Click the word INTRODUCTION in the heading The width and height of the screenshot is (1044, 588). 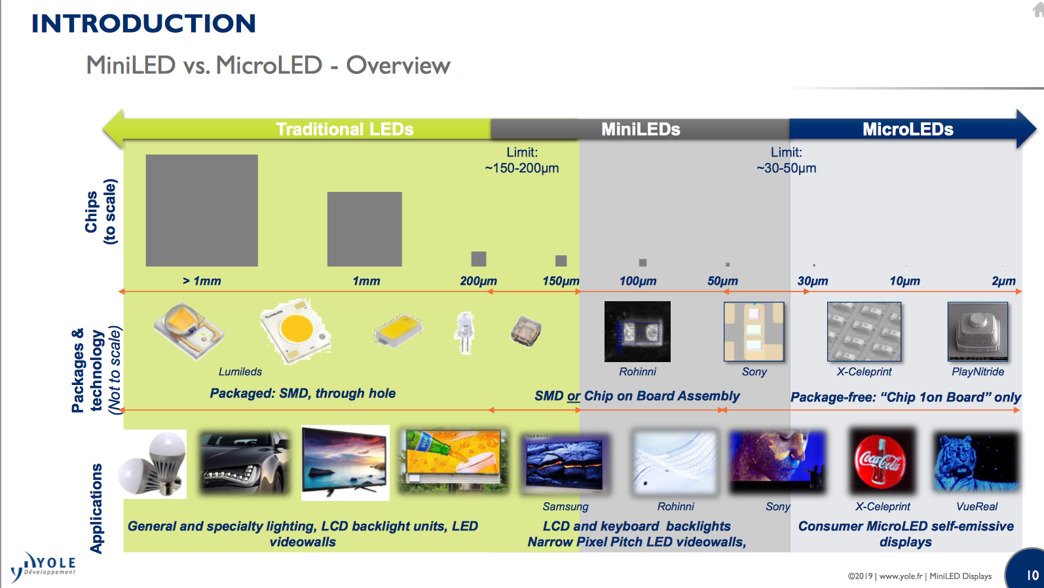pos(143,24)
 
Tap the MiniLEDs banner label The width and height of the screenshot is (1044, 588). pos(641,129)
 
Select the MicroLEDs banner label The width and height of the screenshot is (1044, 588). pos(907,129)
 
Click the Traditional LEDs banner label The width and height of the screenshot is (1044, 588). pos(345,129)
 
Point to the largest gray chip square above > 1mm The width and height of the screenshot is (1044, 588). pos(202,210)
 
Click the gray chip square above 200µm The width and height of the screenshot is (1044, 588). pos(479,259)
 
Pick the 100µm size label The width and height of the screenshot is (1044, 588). pos(637,281)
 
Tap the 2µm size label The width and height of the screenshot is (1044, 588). pos(1003,281)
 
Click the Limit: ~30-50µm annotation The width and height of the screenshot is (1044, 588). pos(786,160)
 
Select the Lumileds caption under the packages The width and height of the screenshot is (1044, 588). pos(240,371)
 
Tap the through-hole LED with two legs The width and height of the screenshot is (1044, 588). pos(465,332)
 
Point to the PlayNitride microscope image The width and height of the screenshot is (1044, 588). pos(977,331)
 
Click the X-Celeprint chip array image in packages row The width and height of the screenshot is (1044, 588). pos(864,331)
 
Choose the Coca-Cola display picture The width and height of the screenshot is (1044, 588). pos(881,461)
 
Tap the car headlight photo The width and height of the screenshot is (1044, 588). pos(245,462)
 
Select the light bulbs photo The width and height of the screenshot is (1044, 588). pos(153,464)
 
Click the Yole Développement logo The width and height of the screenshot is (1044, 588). pos(43,567)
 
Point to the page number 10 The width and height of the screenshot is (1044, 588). pos(1032,575)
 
